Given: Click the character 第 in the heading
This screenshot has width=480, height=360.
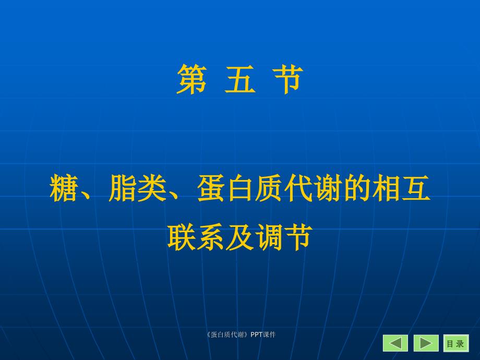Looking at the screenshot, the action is click(x=191, y=79).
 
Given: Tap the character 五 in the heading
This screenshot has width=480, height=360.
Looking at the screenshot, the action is click(x=240, y=79).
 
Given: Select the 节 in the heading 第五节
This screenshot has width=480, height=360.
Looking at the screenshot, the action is click(x=288, y=79).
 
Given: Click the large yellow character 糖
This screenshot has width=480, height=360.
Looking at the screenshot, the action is click(x=63, y=188).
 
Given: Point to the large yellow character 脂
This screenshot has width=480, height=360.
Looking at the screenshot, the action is click(x=123, y=188).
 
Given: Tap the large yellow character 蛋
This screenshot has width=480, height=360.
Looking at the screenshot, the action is click(x=211, y=188).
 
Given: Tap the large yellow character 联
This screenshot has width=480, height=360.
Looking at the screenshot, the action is click(x=182, y=237).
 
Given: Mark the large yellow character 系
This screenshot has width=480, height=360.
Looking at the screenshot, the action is click(x=211, y=237).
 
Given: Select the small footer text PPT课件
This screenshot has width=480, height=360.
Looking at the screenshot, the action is click(x=263, y=334).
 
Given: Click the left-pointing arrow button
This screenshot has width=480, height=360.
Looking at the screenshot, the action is click(x=395, y=343).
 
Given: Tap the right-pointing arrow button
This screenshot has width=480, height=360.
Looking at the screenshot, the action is click(x=426, y=343).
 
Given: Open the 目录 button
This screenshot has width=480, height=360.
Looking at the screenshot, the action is click(x=456, y=343).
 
